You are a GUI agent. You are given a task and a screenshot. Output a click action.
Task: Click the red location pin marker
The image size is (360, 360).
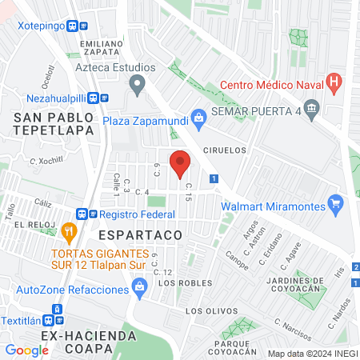[x=181, y=163]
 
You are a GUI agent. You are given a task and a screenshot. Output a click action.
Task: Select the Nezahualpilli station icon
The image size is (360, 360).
[x=94, y=98]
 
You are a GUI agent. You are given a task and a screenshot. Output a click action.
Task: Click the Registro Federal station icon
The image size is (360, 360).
[x=82, y=214]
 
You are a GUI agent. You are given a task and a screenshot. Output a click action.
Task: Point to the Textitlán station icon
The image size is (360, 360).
[x=57, y=310]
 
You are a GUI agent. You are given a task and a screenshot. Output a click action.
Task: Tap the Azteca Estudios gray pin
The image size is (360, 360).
[x=138, y=82]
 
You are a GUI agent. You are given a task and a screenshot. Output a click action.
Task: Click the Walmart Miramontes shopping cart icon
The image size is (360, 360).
[x=337, y=206]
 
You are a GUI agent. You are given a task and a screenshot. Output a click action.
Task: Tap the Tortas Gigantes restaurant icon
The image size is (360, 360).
[x=69, y=234]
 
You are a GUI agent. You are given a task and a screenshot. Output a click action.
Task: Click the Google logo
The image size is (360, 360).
[x=26, y=350]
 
